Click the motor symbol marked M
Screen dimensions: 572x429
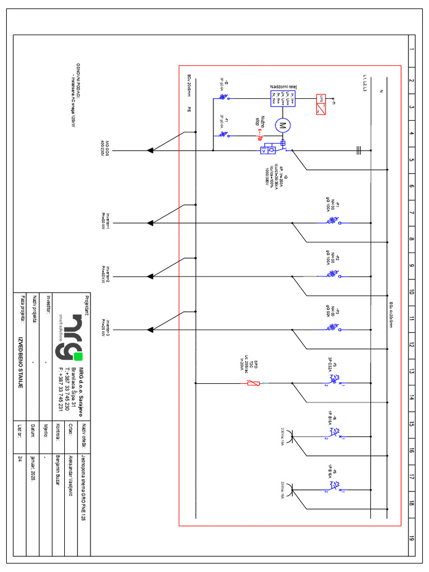click(x=282, y=125)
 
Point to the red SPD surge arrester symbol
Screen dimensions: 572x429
click(x=253, y=383)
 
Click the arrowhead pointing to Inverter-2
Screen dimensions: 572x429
click(x=150, y=276)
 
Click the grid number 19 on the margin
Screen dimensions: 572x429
click(x=411, y=540)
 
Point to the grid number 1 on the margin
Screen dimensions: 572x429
click(x=411, y=50)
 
